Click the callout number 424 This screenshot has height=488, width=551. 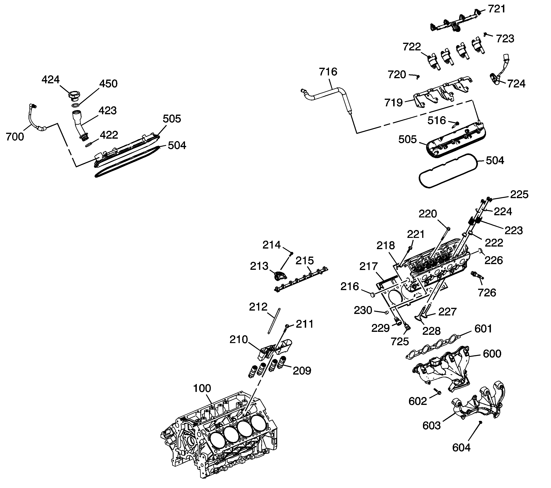tap(50, 80)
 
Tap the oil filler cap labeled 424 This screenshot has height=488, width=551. tap(74, 96)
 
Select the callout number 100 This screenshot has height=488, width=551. tap(202, 388)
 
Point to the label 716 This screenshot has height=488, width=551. tap(328, 72)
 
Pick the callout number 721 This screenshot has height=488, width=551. tap(497, 9)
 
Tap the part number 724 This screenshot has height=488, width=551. tap(516, 84)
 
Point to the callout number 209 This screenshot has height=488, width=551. tap(302, 371)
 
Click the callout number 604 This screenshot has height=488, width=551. tap(461, 448)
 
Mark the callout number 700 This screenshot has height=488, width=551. tap(15, 137)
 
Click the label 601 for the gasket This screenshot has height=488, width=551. tap(483, 329)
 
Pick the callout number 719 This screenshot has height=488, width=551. tap(393, 103)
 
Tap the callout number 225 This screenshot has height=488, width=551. tap(519, 195)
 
